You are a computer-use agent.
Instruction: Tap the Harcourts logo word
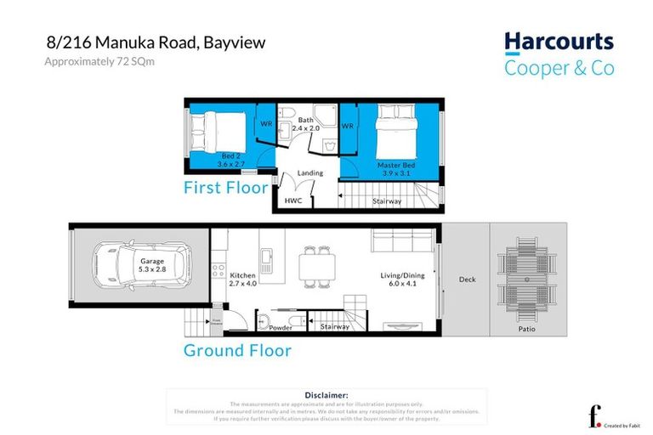[559, 42]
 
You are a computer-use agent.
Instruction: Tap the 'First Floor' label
[225, 187]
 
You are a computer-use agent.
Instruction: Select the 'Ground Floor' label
[237, 350]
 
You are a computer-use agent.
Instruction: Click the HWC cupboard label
[293, 201]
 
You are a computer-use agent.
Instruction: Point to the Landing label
[309, 172]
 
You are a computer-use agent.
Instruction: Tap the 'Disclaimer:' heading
[326, 395]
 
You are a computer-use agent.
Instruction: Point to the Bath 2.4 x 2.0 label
[305, 124]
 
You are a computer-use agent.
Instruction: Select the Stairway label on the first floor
[387, 201]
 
